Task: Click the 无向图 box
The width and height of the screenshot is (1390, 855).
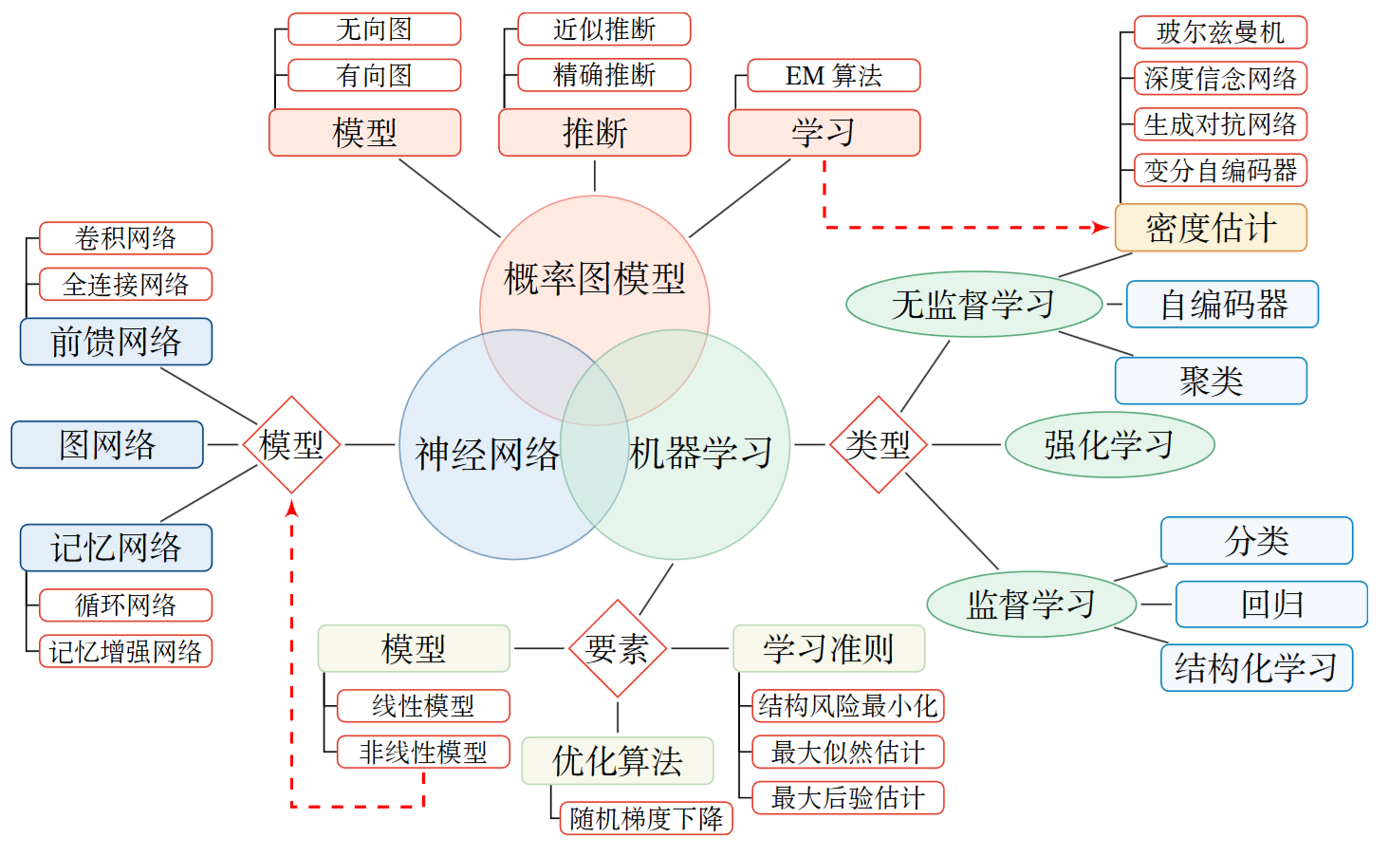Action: click(374, 29)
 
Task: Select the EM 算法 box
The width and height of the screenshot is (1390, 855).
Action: click(833, 76)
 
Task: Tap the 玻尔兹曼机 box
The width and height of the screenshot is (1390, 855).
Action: click(1220, 32)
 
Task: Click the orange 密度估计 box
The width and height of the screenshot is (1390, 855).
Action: click(1211, 228)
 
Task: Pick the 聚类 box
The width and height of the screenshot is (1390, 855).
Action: click(1211, 381)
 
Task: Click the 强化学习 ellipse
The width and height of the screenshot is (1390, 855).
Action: click(1109, 444)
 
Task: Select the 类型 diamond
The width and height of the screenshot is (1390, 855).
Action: click(879, 444)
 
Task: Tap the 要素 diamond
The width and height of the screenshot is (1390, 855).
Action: click(618, 649)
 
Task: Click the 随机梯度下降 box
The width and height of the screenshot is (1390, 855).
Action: click(646, 818)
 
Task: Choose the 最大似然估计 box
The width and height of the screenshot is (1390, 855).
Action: click(847, 753)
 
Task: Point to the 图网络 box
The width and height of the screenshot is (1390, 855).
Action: click(107, 444)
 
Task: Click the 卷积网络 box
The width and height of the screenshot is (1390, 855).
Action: click(125, 238)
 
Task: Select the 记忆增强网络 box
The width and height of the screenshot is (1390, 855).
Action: click(125, 652)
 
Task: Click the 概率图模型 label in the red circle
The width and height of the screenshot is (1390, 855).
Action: click(594, 279)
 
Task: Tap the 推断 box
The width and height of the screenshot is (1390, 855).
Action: click(594, 133)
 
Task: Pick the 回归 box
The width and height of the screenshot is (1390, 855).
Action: click(1271, 604)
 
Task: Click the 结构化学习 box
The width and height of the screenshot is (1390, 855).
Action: click(1256, 668)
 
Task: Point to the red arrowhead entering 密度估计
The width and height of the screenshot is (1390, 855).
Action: click(1101, 228)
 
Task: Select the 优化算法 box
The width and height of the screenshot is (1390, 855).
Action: click(618, 761)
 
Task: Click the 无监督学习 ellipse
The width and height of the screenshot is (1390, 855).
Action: click(973, 305)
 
